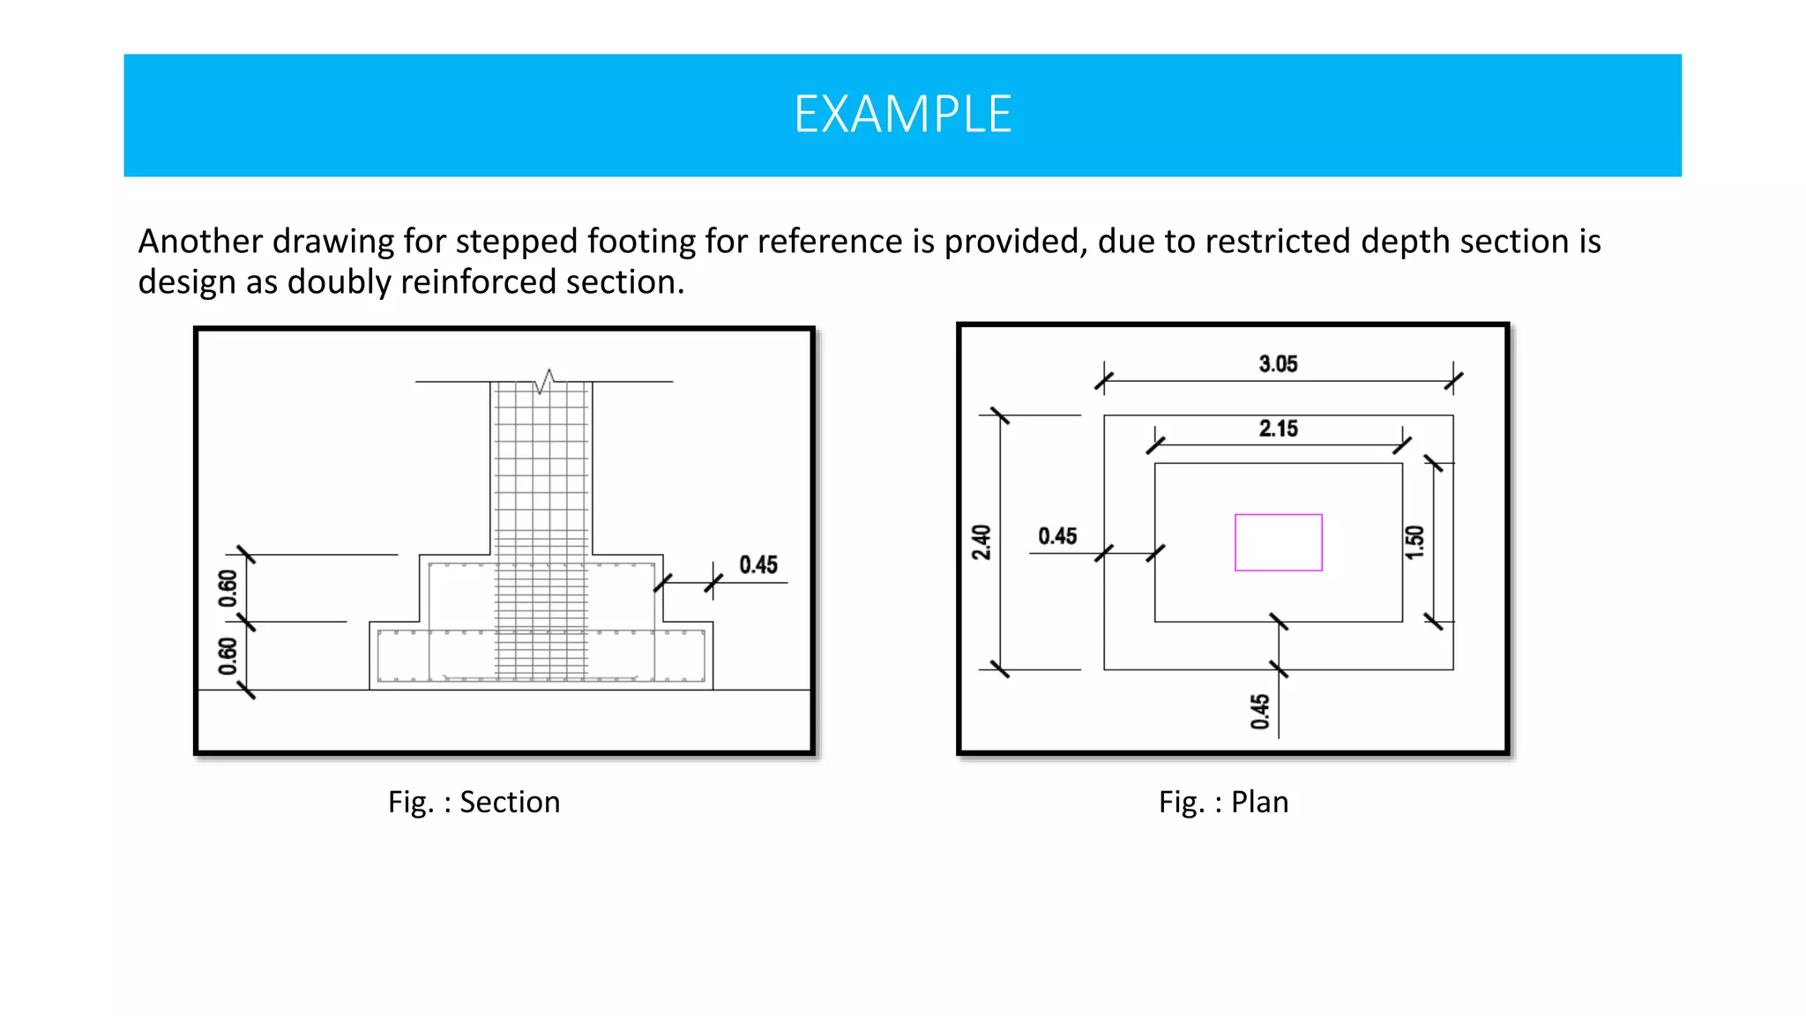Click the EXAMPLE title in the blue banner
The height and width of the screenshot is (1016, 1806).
902,115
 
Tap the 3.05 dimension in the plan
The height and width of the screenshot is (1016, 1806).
1278,364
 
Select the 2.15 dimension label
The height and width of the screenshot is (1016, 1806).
1278,429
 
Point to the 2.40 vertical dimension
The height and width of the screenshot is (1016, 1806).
981,542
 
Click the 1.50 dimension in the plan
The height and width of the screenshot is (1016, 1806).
1414,542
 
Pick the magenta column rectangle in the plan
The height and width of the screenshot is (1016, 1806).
1278,542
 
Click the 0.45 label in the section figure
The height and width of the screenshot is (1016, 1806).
758,565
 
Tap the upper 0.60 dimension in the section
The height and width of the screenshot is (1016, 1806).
228,588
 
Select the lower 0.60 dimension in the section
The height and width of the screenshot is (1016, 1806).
228,656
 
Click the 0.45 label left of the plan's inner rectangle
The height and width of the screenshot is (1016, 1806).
1057,536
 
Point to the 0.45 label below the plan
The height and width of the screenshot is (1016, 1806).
1260,711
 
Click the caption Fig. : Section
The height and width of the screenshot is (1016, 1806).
474,802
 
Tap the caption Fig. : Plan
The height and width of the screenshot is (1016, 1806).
1223,802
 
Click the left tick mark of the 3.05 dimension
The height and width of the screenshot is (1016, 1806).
1104,381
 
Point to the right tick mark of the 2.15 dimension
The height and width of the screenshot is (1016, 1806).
1402,444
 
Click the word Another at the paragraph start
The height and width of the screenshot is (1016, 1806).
200,242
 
